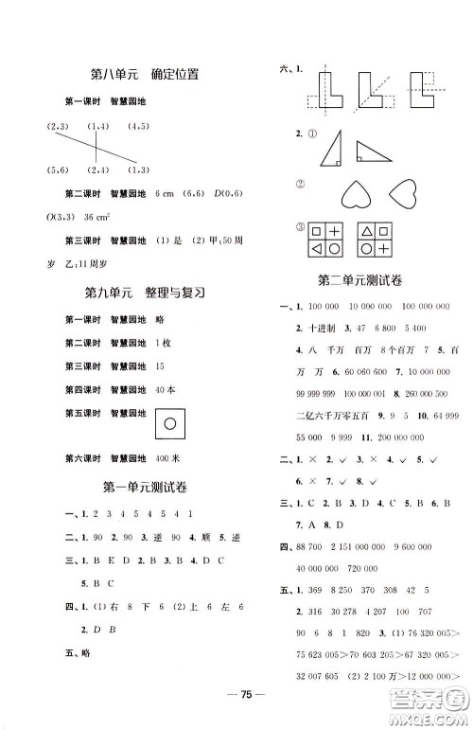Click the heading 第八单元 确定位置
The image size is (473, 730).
[x=147, y=75]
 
